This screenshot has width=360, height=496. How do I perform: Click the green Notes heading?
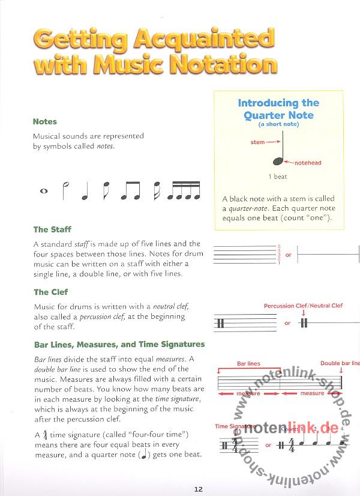(45, 121)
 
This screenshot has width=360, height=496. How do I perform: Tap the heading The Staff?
(49, 229)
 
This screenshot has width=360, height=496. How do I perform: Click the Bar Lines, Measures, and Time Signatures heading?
(119, 345)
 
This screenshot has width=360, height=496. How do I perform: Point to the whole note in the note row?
(43, 192)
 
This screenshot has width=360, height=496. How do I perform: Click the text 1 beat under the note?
(277, 177)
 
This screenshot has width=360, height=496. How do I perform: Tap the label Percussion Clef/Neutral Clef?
(303, 306)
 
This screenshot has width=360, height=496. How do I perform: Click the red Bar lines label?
(248, 363)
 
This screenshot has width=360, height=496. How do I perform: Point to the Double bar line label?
(339, 363)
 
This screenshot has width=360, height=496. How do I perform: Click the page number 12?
(199, 488)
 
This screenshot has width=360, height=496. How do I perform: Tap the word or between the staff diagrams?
(288, 255)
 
